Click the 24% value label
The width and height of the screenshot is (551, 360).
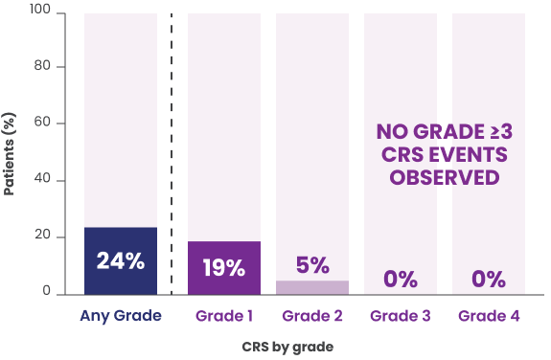tap(120, 260)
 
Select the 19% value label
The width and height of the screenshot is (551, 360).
tap(223, 267)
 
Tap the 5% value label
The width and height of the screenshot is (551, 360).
tap(311, 265)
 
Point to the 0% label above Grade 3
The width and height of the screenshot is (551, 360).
tap(400, 280)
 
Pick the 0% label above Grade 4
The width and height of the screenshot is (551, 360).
tap(488, 280)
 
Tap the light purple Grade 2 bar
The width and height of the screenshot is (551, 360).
tap(311, 286)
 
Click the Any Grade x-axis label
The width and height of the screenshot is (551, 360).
tap(120, 315)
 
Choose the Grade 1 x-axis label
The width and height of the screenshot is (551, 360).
tap(223, 315)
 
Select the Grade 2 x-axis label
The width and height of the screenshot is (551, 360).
tap(311, 315)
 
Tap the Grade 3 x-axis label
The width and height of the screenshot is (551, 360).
tap(400, 315)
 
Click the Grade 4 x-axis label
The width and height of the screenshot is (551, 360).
tap(488, 315)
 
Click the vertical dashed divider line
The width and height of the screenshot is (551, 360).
tap(172, 153)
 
